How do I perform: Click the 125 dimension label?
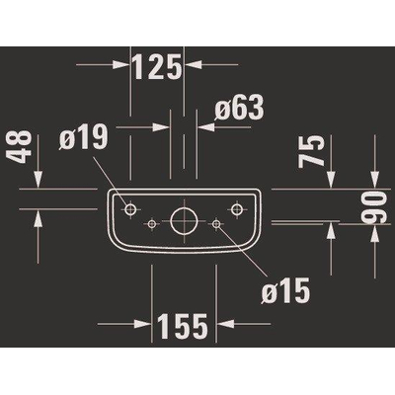(x=158, y=67)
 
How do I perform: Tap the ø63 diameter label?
(x=239, y=107)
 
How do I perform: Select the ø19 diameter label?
(x=84, y=137)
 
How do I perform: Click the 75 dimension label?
(x=311, y=150)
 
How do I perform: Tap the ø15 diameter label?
(x=285, y=290)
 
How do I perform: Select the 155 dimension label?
(x=183, y=326)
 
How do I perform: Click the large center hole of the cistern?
(x=184, y=221)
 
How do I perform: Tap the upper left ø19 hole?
(x=130, y=208)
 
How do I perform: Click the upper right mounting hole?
(x=236, y=208)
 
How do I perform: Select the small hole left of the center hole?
(x=151, y=223)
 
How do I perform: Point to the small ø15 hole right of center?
(x=216, y=223)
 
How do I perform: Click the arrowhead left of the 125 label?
(x=122, y=64)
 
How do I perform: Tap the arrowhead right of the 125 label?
(x=193, y=64)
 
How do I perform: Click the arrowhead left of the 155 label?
(x=143, y=324)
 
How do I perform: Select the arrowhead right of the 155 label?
(x=225, y=324)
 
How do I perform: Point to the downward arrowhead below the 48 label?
(x=39, y=180)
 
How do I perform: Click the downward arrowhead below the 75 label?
(x=332, y=180)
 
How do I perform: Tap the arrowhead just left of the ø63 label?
(x=205, y=126)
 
